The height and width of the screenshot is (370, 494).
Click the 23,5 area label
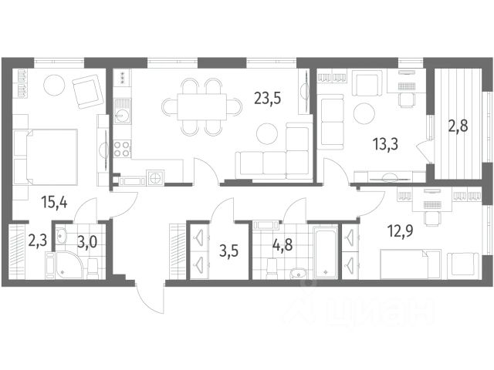click(x=268, y=99)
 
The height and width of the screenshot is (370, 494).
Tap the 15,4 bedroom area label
click(x=54, y=202)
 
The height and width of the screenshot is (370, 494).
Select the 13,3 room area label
click(x=385, y=144)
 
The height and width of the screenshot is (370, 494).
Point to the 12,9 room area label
click(x=400, y=231)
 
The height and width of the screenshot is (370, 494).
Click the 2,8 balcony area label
click(x=458, y=126)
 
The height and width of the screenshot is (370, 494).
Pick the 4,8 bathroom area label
click(x=283, y=244)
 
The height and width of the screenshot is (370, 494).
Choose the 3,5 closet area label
click(x=228, y=252)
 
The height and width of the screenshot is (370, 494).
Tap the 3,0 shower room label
click(x=87, y=242)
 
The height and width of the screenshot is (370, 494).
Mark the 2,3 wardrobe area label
click(x=38, y=241)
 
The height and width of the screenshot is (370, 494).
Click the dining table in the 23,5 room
click(x=202, y=107)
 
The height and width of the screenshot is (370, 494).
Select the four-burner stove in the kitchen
click(x=122, y=149)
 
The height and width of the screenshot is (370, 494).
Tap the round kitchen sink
click(x=122, y=117)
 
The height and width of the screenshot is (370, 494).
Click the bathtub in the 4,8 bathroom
click(x=327, y=252)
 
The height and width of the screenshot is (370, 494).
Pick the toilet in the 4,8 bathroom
click(x=272, y=268)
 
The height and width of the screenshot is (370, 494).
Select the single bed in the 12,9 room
click(x=410, y=264)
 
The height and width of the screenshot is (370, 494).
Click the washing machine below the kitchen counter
click(x=154, y=177)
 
